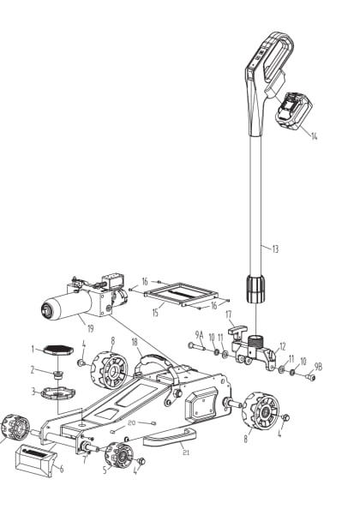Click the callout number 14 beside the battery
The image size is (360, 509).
point(313,135)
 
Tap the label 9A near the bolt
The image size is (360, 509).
point(198,333)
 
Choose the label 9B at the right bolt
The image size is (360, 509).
point(317,368)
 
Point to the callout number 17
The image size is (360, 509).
point(230,314)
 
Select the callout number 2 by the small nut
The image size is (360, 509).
point(33,370)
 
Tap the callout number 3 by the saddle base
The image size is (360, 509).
point(33,392)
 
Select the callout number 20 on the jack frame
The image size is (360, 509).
point(131,422)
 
